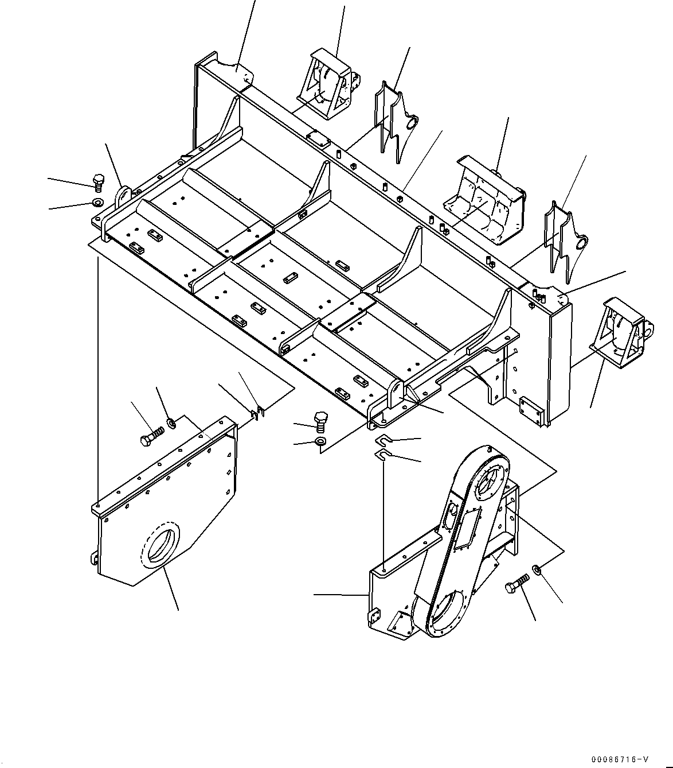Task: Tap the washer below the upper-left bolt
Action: pyautogui.click(x=96, y=202)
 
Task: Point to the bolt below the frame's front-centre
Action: pyautogui.click(x=320, y=421)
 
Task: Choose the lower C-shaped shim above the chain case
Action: pyautogui.click(x=382, y=455)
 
